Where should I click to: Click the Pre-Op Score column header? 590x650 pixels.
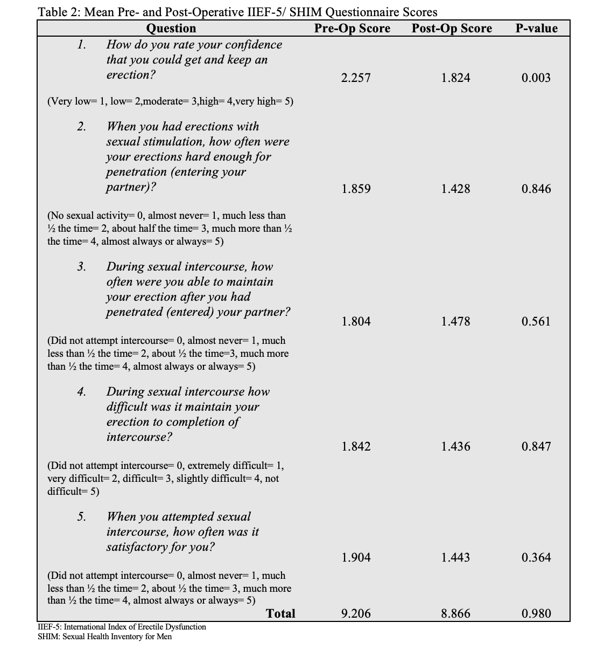click(352, 29)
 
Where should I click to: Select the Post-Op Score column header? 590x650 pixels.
click(452, 29)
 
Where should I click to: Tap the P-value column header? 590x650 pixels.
click(536, 29)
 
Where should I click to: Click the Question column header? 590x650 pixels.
click(171, 29)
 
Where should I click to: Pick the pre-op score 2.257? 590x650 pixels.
click(356, 78)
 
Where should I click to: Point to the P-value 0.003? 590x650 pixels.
click(536, 78)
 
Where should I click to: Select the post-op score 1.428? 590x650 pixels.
click(455, 189)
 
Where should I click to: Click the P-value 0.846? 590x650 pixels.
click(536, 189)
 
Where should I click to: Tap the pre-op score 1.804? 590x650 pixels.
click(356, 322)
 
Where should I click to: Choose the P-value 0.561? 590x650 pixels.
click(536, 322)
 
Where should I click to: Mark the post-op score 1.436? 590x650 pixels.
click(455, 447)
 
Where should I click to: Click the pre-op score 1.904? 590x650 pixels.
click(356, 558)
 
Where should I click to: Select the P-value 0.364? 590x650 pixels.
click(536, 558)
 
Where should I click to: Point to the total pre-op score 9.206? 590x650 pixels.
click(356, 614)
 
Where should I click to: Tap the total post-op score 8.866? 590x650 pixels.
click(455, 614)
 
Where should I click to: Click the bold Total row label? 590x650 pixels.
click(280, 614)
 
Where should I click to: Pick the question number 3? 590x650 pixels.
click(81, 267)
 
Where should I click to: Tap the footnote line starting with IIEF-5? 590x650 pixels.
click(122, 627)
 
